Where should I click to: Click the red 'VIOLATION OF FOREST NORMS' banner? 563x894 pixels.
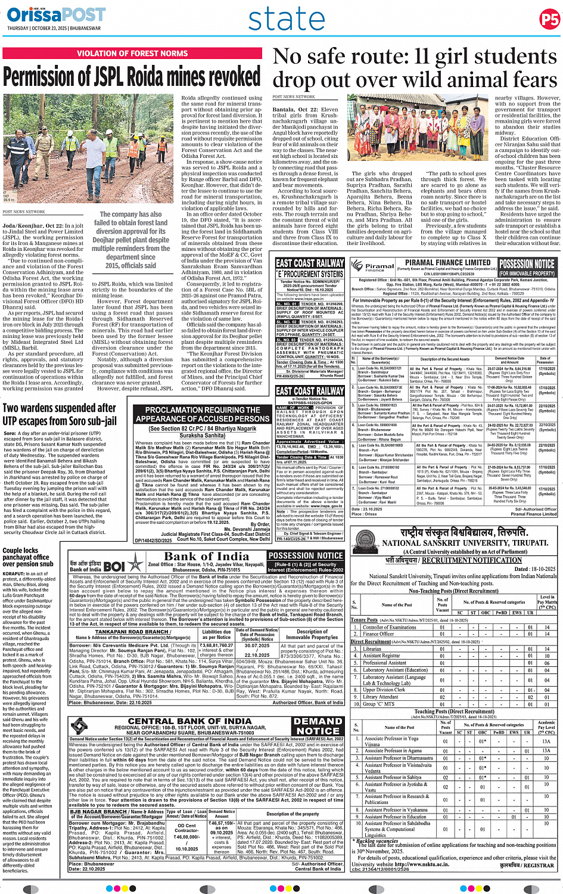[132, 54]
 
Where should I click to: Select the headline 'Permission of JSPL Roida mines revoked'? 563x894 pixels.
[132, 77]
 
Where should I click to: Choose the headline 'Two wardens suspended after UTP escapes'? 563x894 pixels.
[60, 415]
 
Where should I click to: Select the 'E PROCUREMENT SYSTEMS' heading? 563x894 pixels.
[310, 274]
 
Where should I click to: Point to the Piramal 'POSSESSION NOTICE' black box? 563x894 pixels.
[527, 266]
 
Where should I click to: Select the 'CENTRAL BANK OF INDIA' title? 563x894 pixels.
[189, 721]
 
